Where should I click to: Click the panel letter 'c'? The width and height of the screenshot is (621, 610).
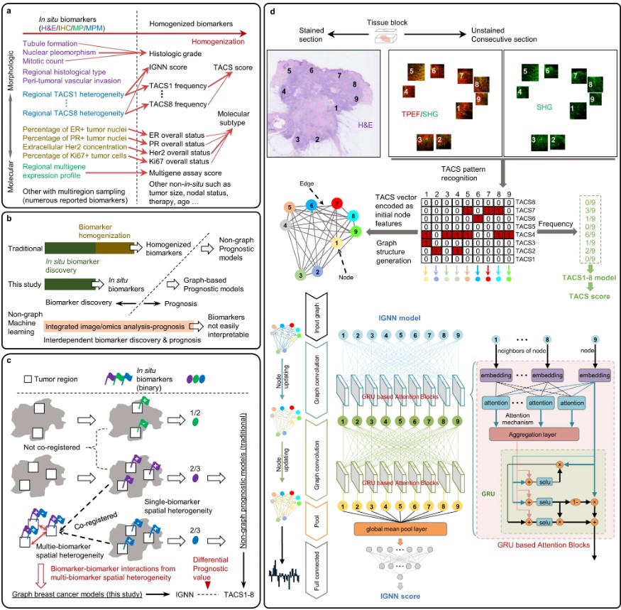9,359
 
